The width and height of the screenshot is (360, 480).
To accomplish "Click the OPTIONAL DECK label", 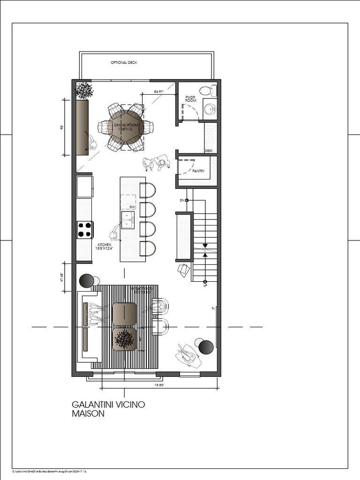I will pyautogui.click(x=124, y=62).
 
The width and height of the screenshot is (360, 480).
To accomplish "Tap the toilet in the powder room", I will pyautogui.click(x=207, y=90).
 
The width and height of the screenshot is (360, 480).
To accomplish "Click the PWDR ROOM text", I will pyautogui.click(x=191, y=99).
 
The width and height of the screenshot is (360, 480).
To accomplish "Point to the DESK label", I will pyautogui.click(x=209, y=150).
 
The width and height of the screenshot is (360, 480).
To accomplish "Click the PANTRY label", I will pyautogui.click(x=199, y=171).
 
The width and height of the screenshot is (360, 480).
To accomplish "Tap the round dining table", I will pyautogui.click(x=126, y=127).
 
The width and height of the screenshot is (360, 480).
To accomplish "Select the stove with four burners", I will pyautogui.click(x=84, y=230).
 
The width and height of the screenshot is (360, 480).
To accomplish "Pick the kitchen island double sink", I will pyautogui.click(x=127, y=220).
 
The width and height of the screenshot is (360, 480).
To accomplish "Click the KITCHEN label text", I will pyautogui.click(x=105, y=245).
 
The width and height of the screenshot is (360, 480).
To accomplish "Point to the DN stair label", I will pyautogui.click(x=182, y=200).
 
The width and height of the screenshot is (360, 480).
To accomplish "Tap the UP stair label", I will pyautogui.click(x=205, y=285).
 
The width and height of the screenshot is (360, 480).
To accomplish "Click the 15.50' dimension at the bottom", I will pyautogui.click(x=159, y=385).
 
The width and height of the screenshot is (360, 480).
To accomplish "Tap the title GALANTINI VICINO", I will pyautogui.click(x=108, y=404).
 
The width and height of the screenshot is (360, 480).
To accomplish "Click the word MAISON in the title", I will pyautogui.click(x=88, y=414).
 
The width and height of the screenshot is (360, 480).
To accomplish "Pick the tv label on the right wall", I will pyautogui.click(x=213, y=308).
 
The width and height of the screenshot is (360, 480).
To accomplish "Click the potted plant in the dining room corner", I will pyautogui.click(x=84, y=89).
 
